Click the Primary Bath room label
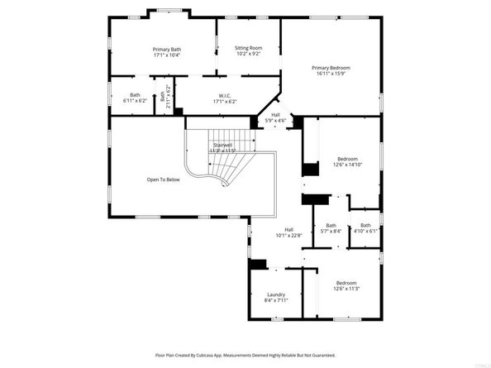pos(166,50)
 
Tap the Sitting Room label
pos(248,48)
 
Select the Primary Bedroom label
pos(331,67)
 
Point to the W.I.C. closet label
pos(223,95)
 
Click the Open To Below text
pos(163,179)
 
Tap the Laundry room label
pos(276,294)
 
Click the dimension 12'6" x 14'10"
pos(347,165)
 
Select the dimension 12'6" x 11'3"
pos(346,289)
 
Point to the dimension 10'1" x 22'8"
pos(289,236)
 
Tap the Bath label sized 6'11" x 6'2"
pos(135,101)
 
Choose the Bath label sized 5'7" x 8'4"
pos(331,232)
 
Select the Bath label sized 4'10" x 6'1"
pos(365,232)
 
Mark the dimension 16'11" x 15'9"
pos(331,74)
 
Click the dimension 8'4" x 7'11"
pos(276,300)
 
